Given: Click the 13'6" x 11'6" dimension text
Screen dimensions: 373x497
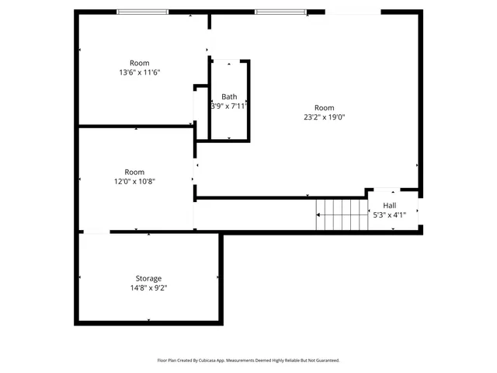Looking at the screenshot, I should pyautogui.click(x=140, y=72).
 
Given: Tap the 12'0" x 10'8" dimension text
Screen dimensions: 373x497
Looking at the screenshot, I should pyautogui.click(x=134, y=182).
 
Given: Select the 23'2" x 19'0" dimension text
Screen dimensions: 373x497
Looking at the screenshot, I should pyautogui.click(x=324, y=117).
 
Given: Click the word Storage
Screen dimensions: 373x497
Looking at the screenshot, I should pyautogui.click(x=149, y=278).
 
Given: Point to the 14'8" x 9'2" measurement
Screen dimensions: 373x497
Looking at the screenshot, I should pyautogui.click(x=149, y=288).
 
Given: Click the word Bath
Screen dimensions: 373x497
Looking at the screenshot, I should pyautogui.click(x=229, y=96).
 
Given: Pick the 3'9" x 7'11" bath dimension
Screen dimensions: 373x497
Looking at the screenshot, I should pyautogui.click(x=229, y=106).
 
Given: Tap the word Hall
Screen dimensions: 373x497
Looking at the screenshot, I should pyautogui.click(x=389, y=205).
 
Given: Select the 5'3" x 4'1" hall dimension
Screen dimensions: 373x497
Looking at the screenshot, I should pyautogui.click(x=389, y=215).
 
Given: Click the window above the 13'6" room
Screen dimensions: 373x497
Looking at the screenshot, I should pyautogui.click(x=143, y=12).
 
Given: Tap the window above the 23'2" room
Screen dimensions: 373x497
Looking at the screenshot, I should pyautogui.click(x=280, y=12).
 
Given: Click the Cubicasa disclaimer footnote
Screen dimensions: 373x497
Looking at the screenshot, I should pyautogui.click(x=248, y=361).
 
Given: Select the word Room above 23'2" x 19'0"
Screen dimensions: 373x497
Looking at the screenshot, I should pyautogui.click(x=324, y=107).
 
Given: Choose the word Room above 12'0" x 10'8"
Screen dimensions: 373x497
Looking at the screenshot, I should pyautogui.click(x=134, y=172).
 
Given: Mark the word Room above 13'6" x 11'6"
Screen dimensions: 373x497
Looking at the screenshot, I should pyautogui.click(x=140, y=62).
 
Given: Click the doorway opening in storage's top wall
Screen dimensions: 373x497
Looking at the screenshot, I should pyautogui.click(x=95, y=232).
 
